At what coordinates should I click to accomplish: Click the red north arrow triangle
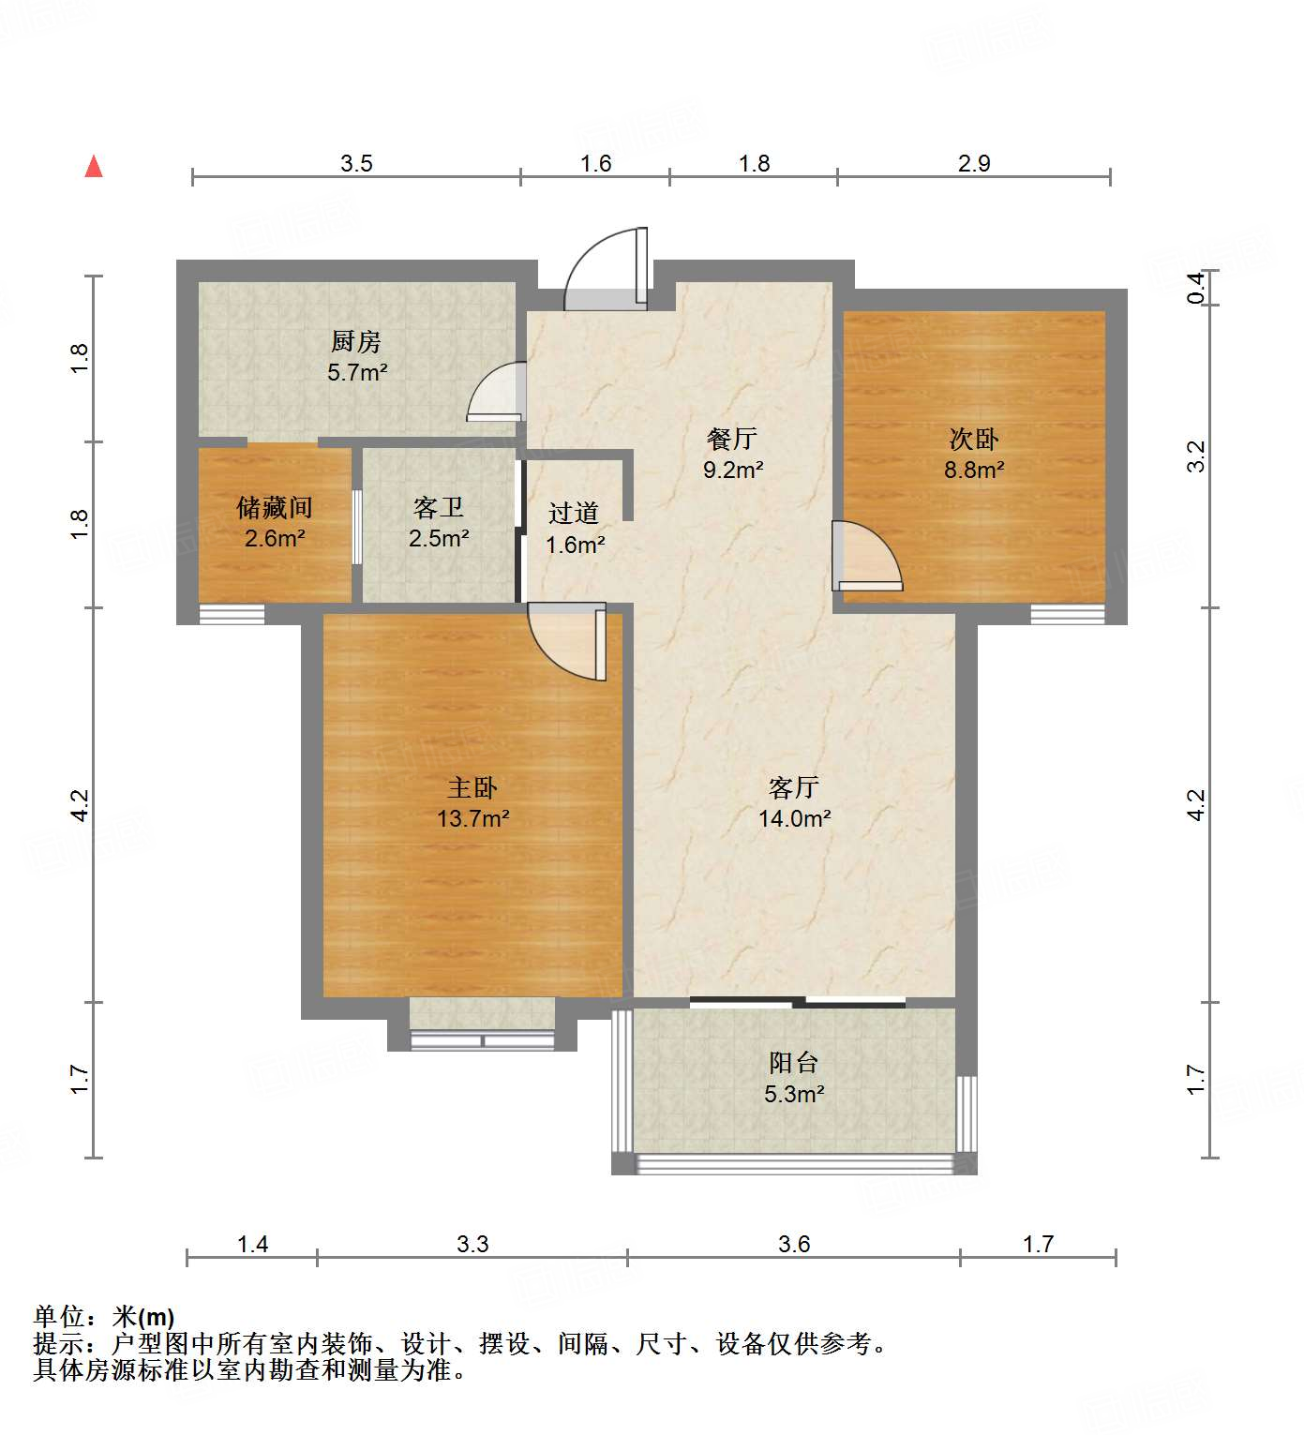click(x=94, y=167)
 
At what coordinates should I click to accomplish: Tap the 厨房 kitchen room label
click(x=356, y=341)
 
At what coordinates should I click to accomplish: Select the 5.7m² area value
click(x=357, y=372)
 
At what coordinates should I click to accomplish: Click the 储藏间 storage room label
click(x=275, y=507)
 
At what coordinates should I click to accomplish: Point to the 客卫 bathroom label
click(x=439, y=507)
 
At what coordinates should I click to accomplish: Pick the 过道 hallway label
click(x=574, y=513)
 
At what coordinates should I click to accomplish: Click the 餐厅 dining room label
click(x=732, y=439)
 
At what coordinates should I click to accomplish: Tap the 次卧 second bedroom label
click(x=974, y=439)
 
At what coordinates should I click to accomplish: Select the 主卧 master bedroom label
click(x=472, y=787)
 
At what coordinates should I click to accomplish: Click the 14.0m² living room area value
click(x=795, y=818)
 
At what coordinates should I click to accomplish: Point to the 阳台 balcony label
click(x=794, y=1062)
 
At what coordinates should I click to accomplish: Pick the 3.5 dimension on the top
click(x=356, y=164)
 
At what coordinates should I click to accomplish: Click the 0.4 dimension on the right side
click(x=1196, y=287)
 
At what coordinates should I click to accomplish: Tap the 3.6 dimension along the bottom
click(x=794, y=1244)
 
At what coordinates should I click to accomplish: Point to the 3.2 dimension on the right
click(x=1196, y=456)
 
